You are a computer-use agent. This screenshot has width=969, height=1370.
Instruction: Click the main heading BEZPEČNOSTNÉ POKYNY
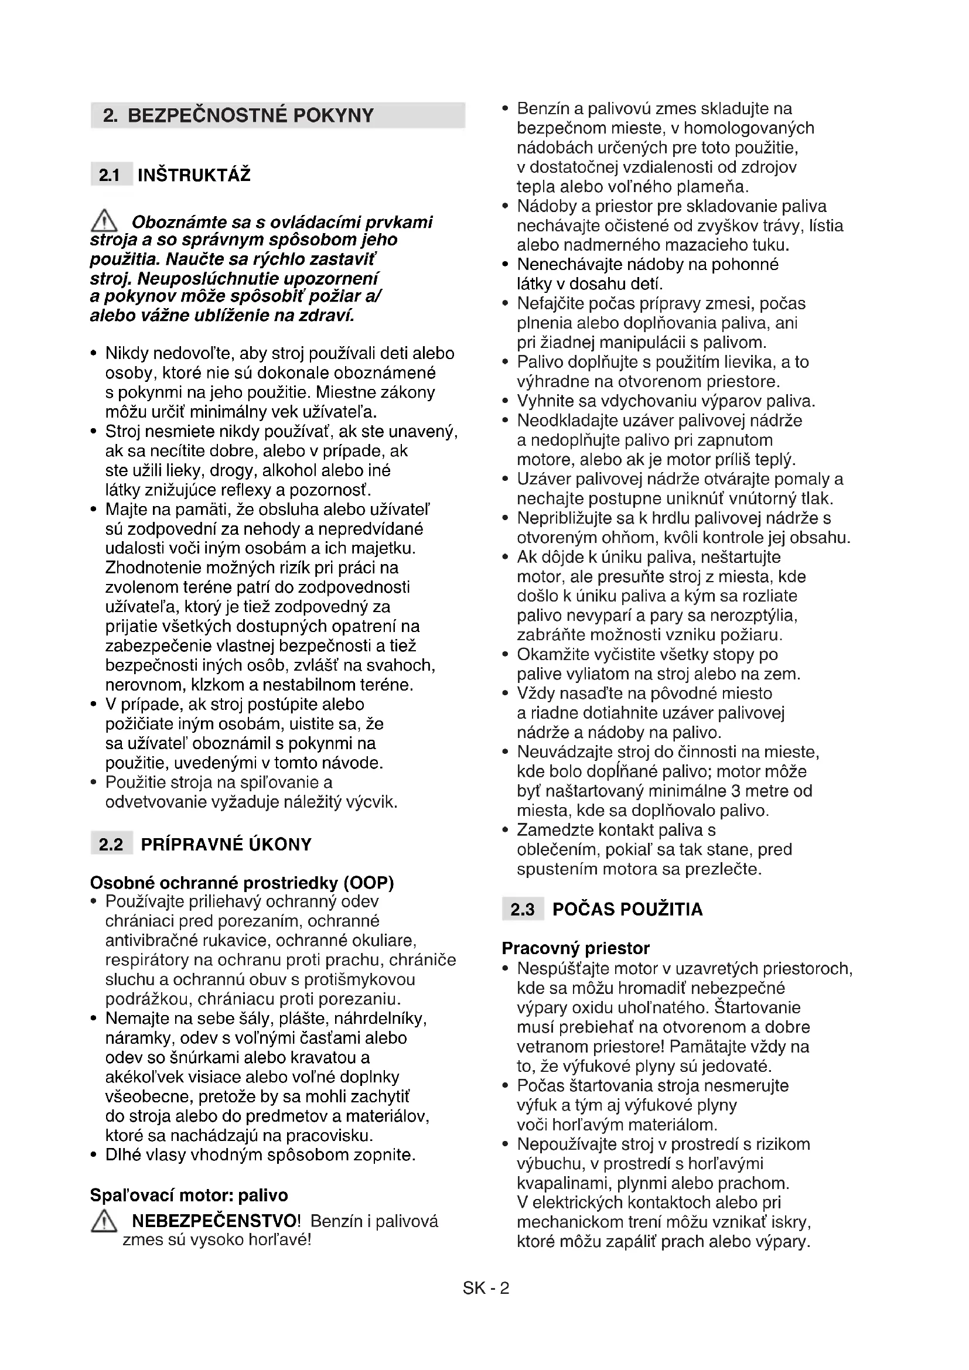click(251, 115)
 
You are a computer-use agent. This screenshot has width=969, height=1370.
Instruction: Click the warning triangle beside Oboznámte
click(104, 221)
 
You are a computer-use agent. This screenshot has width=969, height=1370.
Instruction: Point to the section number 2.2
click(111, 845)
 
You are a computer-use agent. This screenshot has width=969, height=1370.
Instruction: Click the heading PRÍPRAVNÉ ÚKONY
click(226, 845)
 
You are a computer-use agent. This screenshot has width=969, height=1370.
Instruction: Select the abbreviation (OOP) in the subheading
click(369, 883)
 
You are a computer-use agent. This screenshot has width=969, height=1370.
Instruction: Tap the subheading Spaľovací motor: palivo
click(189, 1195)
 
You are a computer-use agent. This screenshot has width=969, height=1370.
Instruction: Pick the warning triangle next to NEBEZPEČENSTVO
click(104, 1221)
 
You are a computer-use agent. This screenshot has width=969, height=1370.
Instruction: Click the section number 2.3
click(523, 910)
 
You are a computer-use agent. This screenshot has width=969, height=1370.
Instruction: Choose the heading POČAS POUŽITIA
click(627, 910)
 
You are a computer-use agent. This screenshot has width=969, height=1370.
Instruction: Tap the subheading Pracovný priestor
click(575, 948)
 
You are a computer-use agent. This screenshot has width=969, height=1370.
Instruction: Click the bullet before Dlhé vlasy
click(94, 1155)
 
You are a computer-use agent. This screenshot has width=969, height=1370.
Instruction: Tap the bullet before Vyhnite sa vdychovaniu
click(506, 401)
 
